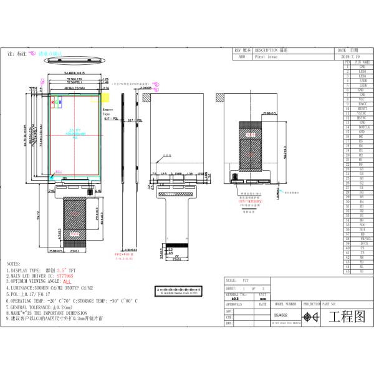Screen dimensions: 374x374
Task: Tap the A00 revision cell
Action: tap(242, 55)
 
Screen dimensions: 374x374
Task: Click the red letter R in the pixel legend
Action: tap(53, 101)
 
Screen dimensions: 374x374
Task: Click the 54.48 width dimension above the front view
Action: tap(74, 74)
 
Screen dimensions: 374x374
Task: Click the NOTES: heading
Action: tap(14, 264)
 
